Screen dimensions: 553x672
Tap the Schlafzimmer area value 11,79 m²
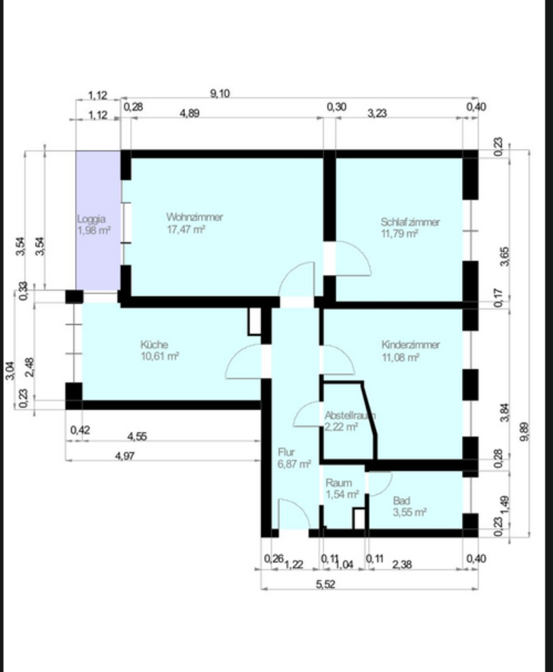pos(400,234)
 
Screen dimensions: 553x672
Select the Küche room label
pos(154,344)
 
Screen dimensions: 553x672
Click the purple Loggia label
pos(91,219)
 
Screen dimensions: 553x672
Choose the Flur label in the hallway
pos(286,452)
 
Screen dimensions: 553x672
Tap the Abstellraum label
pos(350,415)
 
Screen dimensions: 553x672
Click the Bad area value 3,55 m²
pos(409,512)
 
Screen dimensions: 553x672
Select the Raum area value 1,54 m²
pos(342,495)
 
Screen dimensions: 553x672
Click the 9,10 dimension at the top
pos(220,93)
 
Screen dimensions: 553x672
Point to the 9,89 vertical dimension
pos(526,431)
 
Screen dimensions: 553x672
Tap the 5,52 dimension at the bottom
pos(325,584)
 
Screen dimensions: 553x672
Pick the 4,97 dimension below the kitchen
pos(125,456)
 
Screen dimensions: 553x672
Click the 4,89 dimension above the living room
pos(190,113)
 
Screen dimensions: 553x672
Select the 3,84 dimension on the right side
pos(505,413)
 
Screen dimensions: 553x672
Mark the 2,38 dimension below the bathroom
pos(402,564)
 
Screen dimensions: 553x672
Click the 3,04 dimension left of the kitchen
pos(10,371)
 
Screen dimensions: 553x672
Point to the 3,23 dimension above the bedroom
pos(377,113)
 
